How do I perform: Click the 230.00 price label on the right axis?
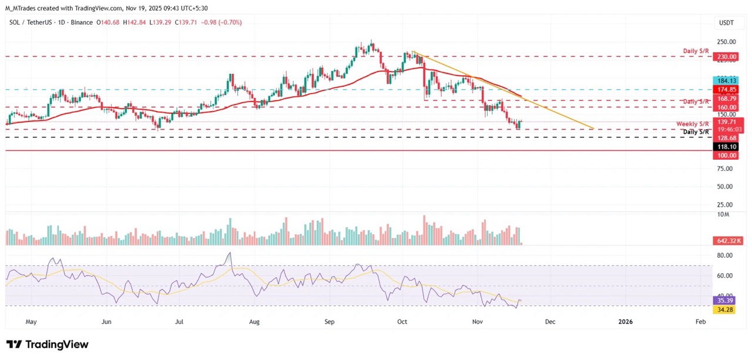(725, 57)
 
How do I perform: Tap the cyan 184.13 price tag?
(725, 80)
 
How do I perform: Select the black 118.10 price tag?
(725, 146)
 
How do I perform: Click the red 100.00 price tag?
(725, 156)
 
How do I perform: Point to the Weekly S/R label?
(693, 124)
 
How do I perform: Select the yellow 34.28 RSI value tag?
(725, 309)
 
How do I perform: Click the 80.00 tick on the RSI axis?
(724, 255)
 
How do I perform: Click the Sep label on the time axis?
(329, 322)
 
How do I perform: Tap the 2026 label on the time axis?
(626, 322)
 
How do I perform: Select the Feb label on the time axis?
(700, 322)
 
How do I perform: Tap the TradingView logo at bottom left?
(47, 345)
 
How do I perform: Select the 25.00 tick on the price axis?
(724, 204)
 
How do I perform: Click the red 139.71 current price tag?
(725, 121)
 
